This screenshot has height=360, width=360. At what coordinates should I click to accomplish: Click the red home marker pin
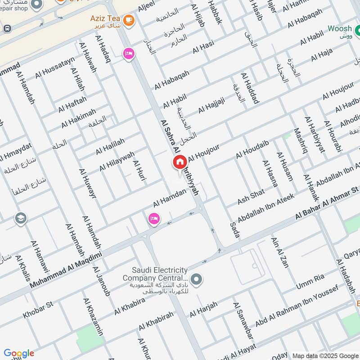coord(180,162)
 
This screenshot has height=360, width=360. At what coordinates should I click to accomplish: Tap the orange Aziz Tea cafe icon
coord(128,20)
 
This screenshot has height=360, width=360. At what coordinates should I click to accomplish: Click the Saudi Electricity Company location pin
coord(196,280)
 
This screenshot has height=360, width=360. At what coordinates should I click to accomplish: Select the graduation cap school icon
coord(21,219)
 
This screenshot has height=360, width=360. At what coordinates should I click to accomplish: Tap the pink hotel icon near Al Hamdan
coord(153,219)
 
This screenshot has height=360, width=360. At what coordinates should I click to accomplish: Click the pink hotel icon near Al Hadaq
coord(128,53)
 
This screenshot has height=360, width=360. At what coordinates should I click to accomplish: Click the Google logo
coord(19,353)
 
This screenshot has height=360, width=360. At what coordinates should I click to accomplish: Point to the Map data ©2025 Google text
coord(325,355)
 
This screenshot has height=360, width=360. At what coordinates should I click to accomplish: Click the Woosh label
coord(339,29)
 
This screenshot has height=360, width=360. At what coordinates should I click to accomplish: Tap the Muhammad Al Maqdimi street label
coord(66,270)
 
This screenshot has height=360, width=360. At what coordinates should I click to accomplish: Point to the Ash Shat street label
coord(251,194)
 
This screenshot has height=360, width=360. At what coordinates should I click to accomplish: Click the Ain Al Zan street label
coord(279,252)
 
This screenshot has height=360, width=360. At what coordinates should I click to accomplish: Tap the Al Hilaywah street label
coord(117,161)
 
